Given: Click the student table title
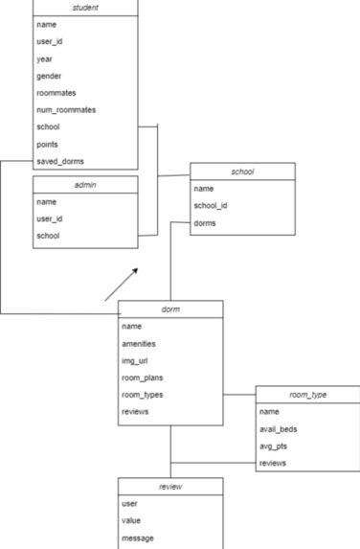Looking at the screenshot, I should [85, 8].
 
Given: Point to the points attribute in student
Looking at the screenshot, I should [48, 144].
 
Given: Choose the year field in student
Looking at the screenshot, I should [44, 58].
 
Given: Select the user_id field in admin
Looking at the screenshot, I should [49, 218].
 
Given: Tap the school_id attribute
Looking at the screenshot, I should [212, 206].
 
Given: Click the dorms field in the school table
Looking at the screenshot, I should [205, 223].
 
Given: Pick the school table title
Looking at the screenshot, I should [242, 172].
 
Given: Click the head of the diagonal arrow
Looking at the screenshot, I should [136, 270].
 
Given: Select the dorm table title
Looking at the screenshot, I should [170, 309].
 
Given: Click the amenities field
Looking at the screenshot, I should [139, 343].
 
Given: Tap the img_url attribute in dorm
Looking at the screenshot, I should [135, 360].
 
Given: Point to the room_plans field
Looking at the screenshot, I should [142, 377].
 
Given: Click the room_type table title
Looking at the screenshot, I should [307, 394].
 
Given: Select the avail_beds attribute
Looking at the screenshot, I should [279, 428].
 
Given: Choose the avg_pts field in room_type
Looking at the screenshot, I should [274, 446].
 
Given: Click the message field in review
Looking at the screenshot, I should [138, 538].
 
